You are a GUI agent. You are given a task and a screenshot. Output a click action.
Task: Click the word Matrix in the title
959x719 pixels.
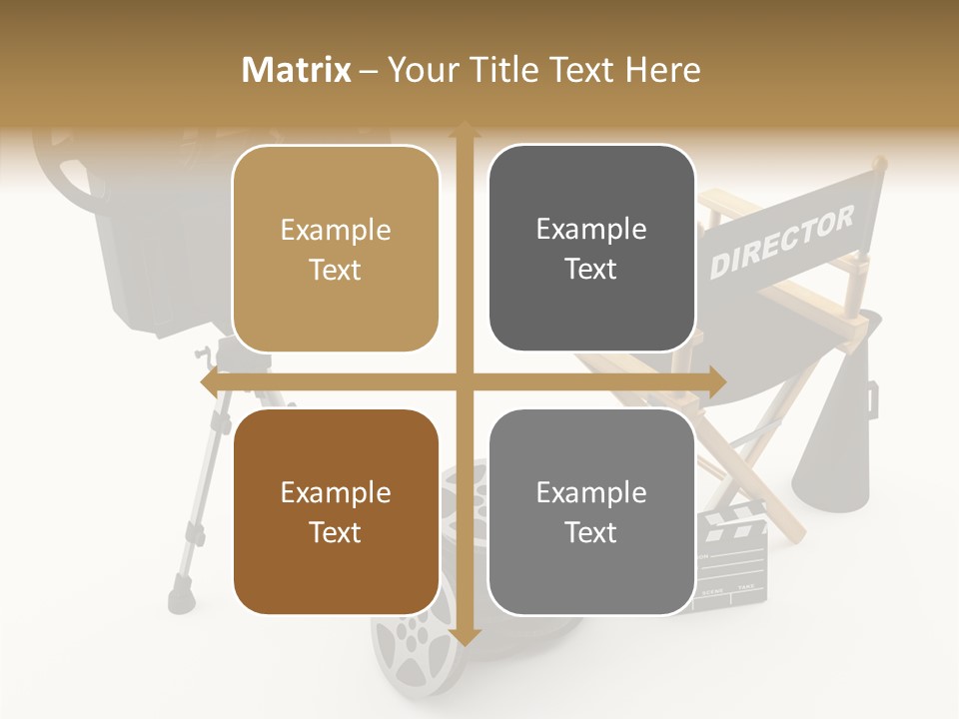point(297,70)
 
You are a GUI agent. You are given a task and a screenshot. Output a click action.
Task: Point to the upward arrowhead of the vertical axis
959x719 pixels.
point(464,128)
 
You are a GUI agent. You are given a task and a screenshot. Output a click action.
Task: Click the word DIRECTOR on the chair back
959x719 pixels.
point(782,243)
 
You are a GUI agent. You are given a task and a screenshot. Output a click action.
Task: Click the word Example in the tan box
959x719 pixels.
point(336,231)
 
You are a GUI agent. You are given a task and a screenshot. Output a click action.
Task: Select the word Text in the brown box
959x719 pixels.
point(336,532)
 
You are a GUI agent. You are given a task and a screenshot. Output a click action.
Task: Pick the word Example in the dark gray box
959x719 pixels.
point(591,230)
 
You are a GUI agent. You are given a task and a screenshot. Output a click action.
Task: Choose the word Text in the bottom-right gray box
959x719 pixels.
point(591,532)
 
